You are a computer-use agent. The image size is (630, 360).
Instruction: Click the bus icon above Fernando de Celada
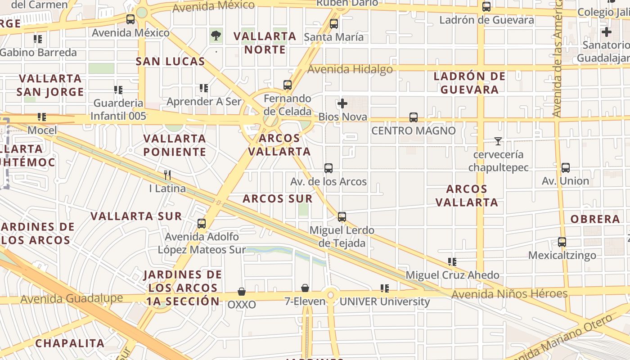287,85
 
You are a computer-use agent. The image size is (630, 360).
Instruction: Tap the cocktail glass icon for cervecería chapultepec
498,141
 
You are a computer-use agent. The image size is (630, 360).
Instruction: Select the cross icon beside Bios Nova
342,103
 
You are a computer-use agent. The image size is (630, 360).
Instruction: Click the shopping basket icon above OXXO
242,292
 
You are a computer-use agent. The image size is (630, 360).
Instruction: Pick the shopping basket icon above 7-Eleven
305,288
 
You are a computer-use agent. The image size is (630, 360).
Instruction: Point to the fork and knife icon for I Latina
167,175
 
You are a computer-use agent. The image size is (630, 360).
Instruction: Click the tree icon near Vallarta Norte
216,35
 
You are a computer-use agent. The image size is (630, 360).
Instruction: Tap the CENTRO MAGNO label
413,131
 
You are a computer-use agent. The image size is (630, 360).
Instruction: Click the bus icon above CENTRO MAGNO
413,117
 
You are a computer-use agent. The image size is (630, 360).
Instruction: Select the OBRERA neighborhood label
595,219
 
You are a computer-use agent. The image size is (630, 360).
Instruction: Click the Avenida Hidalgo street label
350,69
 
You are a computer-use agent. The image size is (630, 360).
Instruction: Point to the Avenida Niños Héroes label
509,294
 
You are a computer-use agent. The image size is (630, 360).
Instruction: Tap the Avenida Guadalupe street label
72,298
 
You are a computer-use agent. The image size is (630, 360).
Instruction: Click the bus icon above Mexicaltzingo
562,242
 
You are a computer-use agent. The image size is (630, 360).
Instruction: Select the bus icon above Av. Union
565,168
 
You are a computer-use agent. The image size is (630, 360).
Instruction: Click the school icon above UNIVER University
384,288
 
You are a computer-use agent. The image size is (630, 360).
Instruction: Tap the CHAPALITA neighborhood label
70,343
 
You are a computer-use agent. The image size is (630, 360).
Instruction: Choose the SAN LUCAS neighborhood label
170,62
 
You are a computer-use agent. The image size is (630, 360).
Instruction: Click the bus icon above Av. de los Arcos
328,168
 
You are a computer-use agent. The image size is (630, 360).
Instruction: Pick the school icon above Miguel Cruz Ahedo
452,262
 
